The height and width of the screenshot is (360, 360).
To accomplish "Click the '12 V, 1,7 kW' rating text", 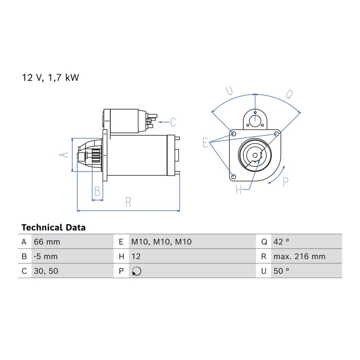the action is [50, 77].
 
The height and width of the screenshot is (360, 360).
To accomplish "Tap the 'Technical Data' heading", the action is [54, 228].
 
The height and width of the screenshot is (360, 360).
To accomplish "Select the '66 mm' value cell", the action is [47, 242].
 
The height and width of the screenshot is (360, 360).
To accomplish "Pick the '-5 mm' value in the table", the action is [46, 256].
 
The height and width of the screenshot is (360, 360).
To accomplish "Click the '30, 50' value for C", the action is [46, 271].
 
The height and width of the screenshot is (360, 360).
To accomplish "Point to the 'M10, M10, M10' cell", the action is [162, 242].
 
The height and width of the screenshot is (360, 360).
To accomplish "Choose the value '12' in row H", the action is [136, 256].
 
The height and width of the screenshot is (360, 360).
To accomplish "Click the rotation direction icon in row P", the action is [137, 271].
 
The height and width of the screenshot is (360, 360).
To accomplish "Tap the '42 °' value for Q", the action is [281, 242].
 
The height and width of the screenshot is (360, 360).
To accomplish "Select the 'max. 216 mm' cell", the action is [299, 256].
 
